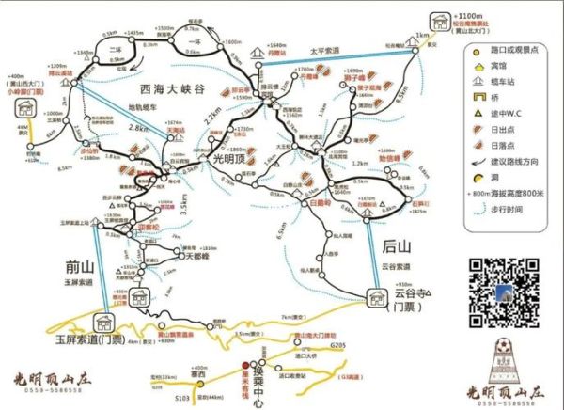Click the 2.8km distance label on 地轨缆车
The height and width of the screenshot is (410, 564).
(139, 128)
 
